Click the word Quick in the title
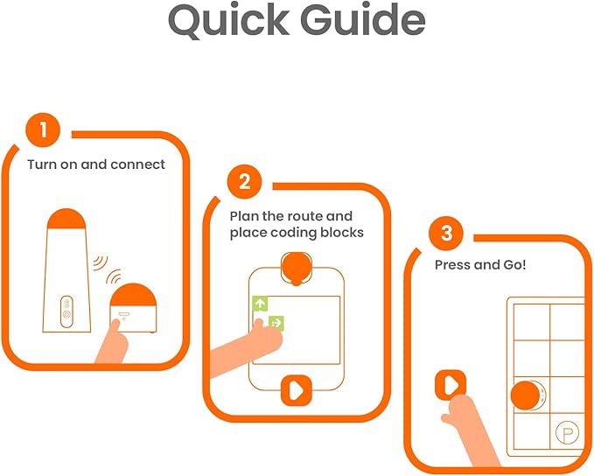[229, 20]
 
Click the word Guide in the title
[363, 20]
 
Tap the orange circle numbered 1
[43, 129]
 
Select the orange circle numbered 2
[244, 181]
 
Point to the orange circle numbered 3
[446, 233]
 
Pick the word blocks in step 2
[342, 232]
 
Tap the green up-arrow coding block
[260, 303]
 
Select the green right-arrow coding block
[276, 323]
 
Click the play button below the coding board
[297, 390]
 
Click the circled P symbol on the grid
[567, 432]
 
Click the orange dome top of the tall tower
[66, 219]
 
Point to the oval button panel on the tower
[66, 311]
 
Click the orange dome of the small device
[133, 295]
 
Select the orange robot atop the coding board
[297, 268]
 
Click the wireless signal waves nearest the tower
[100, 262]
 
